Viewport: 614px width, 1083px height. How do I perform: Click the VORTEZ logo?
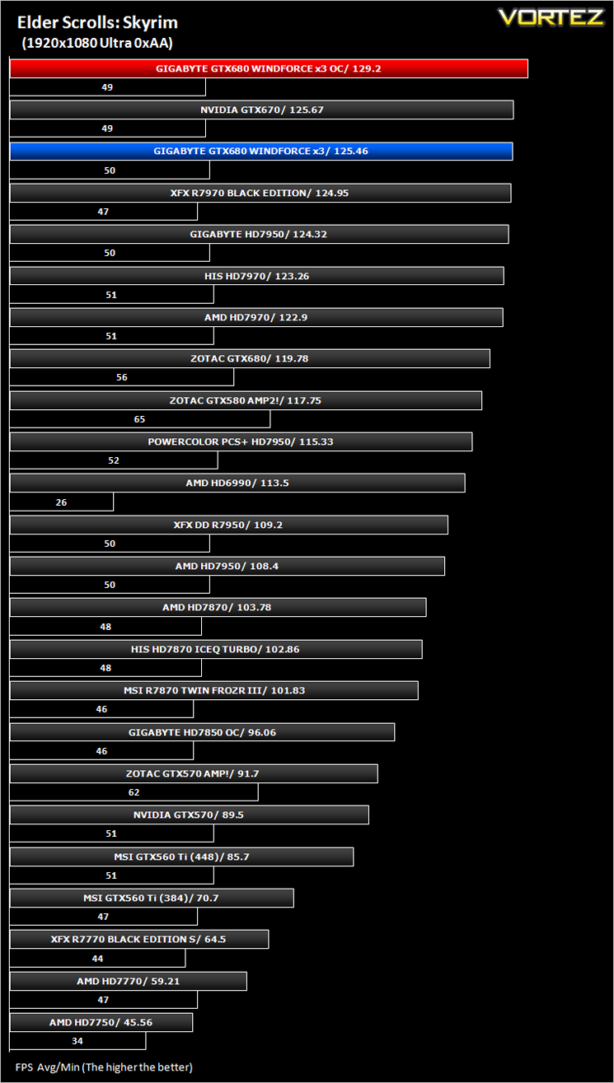tap(551, 18)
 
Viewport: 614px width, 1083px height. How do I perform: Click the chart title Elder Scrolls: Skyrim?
tap(97, 23)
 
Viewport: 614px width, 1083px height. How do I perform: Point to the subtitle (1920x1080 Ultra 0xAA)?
tap(97, 43)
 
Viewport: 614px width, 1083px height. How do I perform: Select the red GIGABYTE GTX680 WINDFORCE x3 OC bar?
tap(269, 68)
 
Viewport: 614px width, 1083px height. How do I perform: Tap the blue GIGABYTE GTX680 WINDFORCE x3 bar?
tap(261, 151)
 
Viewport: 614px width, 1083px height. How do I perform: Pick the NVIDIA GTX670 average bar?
tap(262, 110)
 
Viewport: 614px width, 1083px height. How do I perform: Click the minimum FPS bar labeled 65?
tap(140, 418)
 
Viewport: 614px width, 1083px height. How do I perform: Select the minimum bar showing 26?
tap(62, 502)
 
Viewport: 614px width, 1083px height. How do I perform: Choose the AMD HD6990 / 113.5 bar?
tap(237, 483)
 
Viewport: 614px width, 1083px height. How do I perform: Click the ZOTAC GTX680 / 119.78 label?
tap(249, 359)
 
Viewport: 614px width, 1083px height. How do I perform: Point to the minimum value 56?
tap(121, 377)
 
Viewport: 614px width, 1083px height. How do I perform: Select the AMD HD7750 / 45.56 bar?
tap(101, 1023)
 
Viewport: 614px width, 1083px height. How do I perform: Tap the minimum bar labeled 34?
tap(77, 1041)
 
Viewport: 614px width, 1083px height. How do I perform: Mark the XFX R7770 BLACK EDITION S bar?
tap(139, 939)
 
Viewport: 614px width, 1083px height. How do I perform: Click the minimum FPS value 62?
tap(134, 792)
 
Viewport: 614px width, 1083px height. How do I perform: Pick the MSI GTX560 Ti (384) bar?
tap(152, 898)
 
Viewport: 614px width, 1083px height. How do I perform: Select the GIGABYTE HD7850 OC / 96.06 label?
tap(202, 732)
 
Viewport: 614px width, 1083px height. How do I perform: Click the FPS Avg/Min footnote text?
tap(104, 1067)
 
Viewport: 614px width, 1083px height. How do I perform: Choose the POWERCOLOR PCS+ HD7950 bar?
tap(241, 442)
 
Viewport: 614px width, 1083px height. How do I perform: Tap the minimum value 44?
tap(97, 959)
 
